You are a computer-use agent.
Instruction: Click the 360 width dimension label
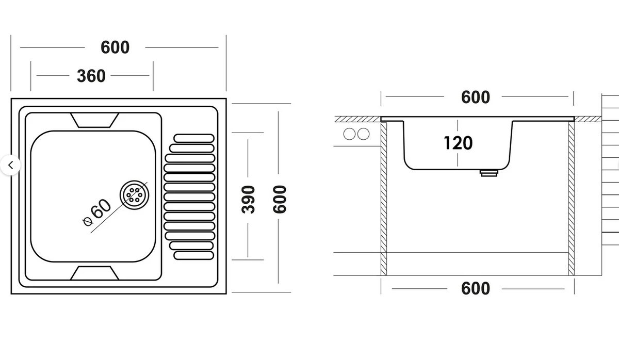[x=91, y=76]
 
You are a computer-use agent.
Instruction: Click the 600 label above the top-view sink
[x=115, y=47]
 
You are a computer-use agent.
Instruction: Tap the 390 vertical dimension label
[x=249, y=199]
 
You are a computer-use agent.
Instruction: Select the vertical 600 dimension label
[x=279, y=199]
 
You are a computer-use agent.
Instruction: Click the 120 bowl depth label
[x=458, y=143]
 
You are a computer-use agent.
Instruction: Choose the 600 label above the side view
[x=475, y=97]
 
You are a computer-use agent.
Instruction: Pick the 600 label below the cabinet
[x=475, y=288]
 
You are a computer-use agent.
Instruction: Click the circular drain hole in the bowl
[x=135, y=194]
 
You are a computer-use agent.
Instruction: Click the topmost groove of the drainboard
[x=194, y=138]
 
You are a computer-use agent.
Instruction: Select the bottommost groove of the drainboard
[x=194, y=255]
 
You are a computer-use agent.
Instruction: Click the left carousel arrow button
[x=10, y=166]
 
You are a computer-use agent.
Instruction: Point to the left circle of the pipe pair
[x=350, y=134]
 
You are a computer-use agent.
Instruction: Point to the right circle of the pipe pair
[x=364, y=134]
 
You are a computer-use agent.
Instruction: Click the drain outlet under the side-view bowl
[x=488, y=173]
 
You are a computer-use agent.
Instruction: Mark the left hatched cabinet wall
[x=384, y=199]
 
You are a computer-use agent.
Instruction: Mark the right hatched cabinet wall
[x=571, y=199]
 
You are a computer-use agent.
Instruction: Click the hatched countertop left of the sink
[x=357, y=119]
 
